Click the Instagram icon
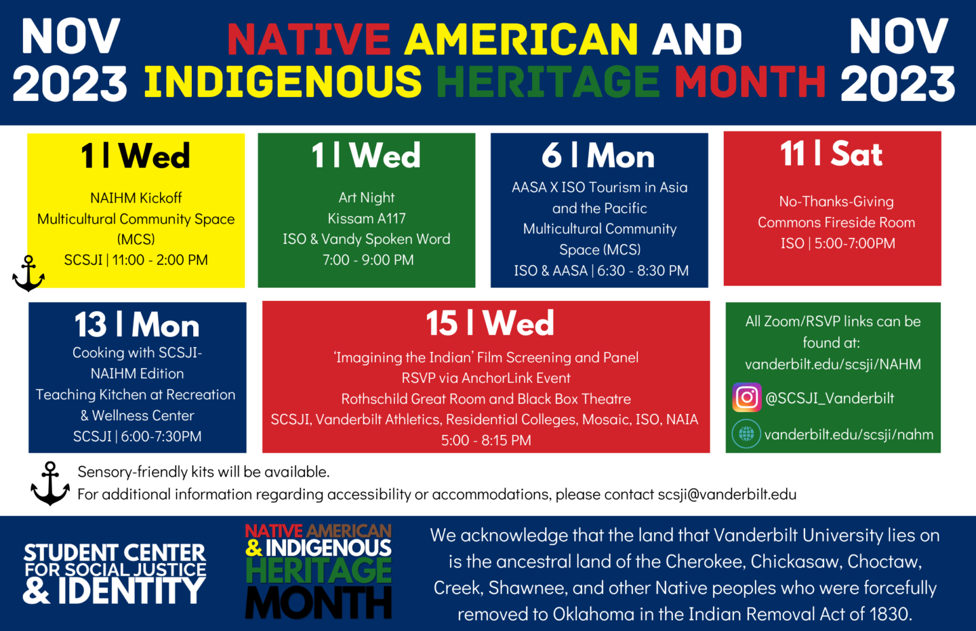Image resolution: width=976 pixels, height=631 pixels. (x=747, y=398)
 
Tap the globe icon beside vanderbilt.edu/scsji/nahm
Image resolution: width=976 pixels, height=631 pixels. (x=746, y=434)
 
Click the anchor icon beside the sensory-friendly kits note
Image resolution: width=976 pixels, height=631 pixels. (x=50, y=483)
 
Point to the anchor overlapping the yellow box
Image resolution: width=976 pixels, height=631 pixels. (x=29, y=274)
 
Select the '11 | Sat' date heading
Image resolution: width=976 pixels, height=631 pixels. (x=831, y=154)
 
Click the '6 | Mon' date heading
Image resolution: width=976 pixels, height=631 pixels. (x=598, y=156)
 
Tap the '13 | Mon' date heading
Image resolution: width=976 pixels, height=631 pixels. (x=137, y=325)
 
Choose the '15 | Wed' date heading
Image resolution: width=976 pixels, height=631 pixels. (x=489, y=323)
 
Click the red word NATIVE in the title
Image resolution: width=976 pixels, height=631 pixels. (x=309, y=39)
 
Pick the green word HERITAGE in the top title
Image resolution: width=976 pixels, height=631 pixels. (x=548, y=83)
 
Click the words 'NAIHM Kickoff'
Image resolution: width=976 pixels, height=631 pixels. (x=136, y=198)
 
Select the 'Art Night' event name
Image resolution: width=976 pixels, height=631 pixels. (x=367, y=197)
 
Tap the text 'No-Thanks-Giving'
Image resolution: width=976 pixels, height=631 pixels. (x=836, y=202)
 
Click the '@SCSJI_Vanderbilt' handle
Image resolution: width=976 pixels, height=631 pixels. (x=829, y=399)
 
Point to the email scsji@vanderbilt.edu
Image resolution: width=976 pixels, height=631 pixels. (x=727, y=495)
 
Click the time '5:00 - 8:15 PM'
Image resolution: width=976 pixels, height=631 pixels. (x=486, y=441)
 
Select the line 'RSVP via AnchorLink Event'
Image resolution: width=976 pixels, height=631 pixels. (x=486, y=378)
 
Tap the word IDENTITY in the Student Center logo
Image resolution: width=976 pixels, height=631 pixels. (x=132, y=591)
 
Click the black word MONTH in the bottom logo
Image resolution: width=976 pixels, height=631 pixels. (x=318, y=602)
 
